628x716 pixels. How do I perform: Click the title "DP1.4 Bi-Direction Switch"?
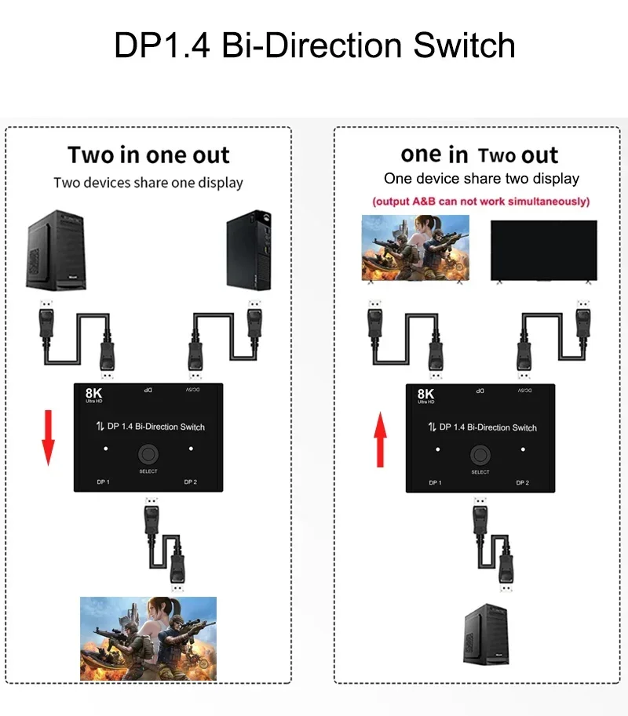(314, 45)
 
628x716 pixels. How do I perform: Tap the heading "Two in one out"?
(148, 154)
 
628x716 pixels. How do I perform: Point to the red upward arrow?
(381, 442)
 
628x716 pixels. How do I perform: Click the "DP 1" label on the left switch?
(102, 482)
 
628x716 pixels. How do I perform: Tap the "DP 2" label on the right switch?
(522, 482)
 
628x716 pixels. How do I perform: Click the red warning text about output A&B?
(480, 202)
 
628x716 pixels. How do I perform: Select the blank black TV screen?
(543, 249)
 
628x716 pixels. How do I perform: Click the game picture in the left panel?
(148, 638)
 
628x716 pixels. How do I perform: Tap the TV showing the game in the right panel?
(415, 248)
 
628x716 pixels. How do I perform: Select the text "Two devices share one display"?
(148, 183)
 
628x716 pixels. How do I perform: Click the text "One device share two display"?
(481, 179)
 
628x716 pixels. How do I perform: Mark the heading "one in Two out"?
(480, 154)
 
